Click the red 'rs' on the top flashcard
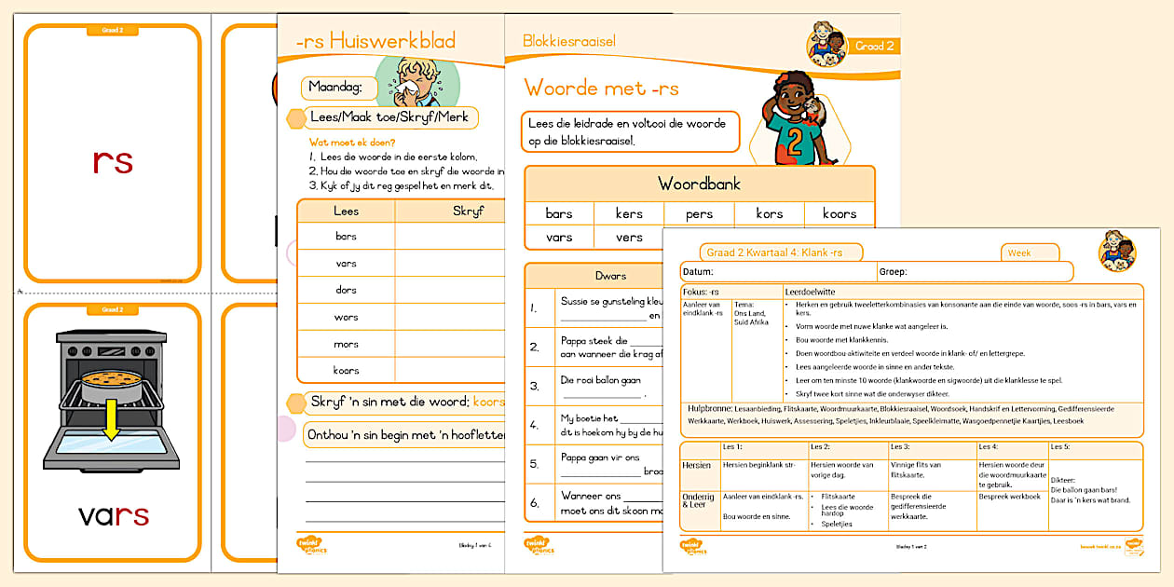pos(113,161)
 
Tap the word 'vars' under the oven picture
pos(113,515)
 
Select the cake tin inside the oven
pos(112,382)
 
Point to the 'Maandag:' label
pos(336,89)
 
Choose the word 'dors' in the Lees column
pos(346,290)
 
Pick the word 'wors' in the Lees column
pos(346,317)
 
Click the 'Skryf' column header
pos(468,212)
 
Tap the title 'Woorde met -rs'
pos(601,89)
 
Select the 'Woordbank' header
pos(699,184)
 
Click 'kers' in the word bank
pos(629,213)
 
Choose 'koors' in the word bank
pos(839,213)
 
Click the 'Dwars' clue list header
pos(611,276)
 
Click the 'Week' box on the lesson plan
pos(1031,253)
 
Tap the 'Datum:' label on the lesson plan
pos(699,272)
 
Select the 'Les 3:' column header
pos(901,447)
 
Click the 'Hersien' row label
pos(697,465)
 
